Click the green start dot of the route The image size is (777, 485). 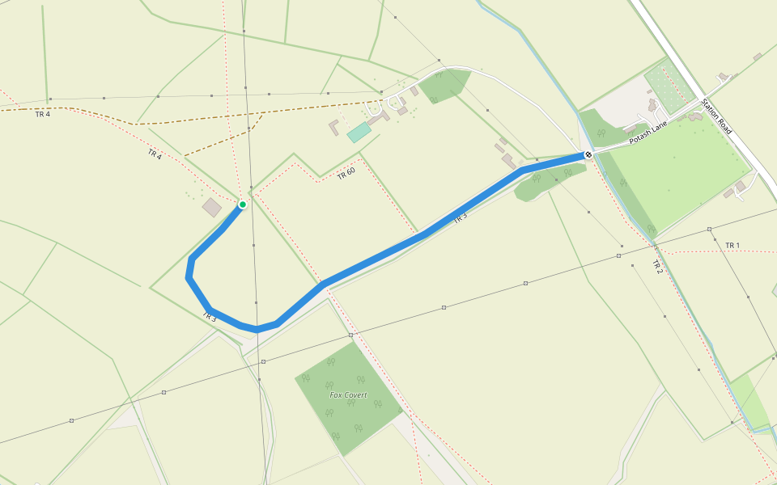pos(242,205)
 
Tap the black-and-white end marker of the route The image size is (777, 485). pos(588,154)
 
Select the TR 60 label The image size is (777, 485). pos(346,172)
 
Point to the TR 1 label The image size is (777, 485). pos(732,245)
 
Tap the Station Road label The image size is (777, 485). pos(716,116)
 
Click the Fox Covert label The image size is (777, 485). pos(348,395)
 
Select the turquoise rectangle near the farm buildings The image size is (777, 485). pos(359,133)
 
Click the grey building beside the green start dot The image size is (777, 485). pos(212,208)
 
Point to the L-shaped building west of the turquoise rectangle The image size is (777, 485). pos(335,128)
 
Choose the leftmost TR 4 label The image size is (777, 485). pos(43,115)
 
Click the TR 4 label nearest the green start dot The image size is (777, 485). pos(155,154)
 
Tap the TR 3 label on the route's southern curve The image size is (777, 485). pos(209,317)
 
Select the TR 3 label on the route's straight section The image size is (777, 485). pos(460,217)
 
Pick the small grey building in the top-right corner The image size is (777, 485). pos(758,57)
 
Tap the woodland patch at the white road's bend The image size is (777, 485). pos(444,85)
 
